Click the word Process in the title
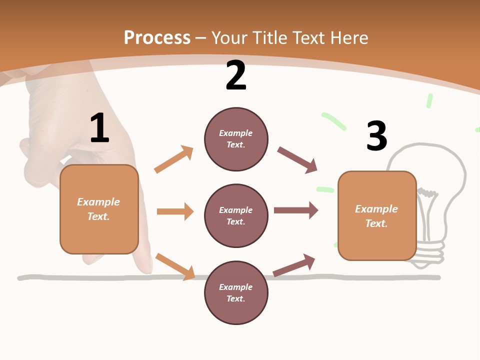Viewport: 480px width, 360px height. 157,38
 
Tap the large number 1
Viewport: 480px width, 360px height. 100,127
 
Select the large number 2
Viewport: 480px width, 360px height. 236,75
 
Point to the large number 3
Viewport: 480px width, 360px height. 377,135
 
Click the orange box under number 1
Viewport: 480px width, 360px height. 99,209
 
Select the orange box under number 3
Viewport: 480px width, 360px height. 377,216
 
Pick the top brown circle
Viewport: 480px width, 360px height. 236,139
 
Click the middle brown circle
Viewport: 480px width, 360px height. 236,216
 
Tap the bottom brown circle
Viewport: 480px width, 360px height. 236,292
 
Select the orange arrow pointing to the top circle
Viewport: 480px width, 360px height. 173,159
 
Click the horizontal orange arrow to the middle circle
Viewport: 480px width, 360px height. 175,211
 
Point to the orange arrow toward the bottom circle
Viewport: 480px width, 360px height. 175,266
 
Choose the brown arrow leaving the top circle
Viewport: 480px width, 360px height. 297,160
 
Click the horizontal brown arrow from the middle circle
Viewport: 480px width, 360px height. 296,210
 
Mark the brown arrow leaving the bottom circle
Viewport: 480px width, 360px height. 294,265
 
